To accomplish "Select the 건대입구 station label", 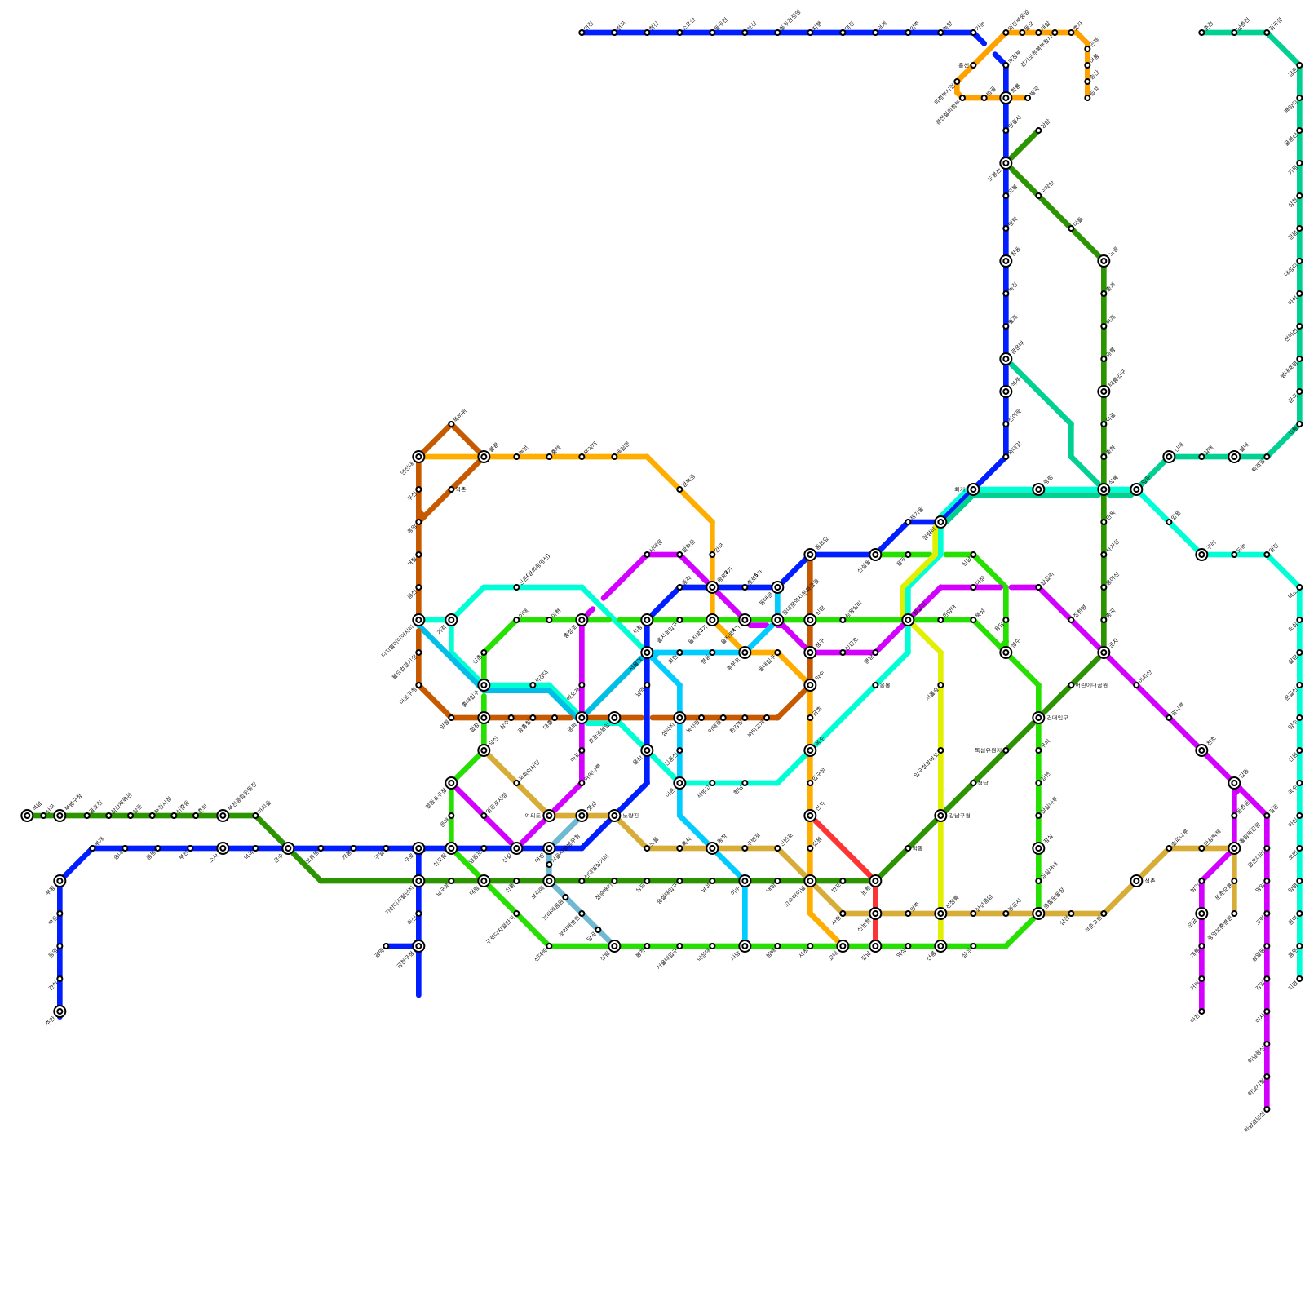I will (x=1057, y=718).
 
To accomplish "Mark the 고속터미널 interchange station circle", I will (x=810, y=881).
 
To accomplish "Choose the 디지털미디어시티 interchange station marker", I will (x=418, y=620).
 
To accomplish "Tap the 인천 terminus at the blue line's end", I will (x=60, y=1011).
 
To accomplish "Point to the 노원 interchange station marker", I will (x=1104, y=261).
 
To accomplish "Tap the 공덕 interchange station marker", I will (x=582, y=718).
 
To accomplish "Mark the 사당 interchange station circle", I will (x=745, y=946).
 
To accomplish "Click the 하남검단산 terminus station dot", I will (x=1267, y=1109).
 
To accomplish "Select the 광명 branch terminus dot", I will (x=386, y=946).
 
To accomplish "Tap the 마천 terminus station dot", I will (x=1201, y=1011).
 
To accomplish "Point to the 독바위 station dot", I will (x=451, y=424).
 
